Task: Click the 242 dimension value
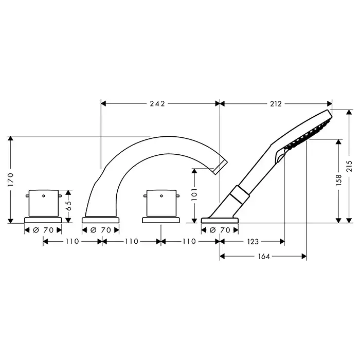click(157, 104)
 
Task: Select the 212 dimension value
click(276, 104)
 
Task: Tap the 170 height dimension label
click(11, 179)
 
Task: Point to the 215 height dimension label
click(349, 166)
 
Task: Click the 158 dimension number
click(338, 180)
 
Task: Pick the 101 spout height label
click(194, 194)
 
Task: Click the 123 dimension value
click(253, 242)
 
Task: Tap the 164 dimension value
click(264, 257)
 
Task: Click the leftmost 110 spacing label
click(73, 242)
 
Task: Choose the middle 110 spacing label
click(132, 242)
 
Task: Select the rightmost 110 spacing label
click(189, 242)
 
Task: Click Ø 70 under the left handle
click(43, 230)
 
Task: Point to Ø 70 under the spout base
click(101, 230)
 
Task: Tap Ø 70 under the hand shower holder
click(220, 230)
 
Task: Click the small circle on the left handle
click(44, 196)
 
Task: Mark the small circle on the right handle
click(161, 196)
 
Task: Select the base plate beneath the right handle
click(161, 221)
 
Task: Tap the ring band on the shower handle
click(239, 194)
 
